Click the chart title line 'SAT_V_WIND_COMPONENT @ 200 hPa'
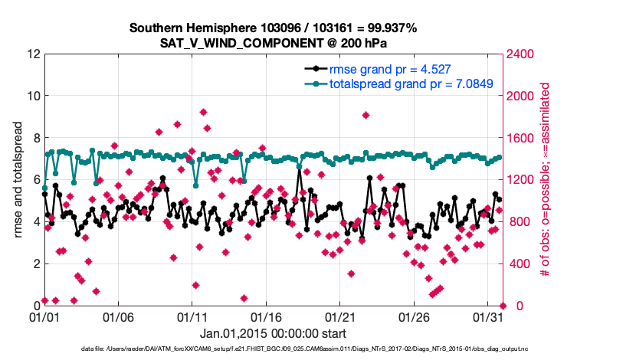coord(273,43)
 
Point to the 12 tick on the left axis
coord(33,54)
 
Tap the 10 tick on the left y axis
coord(33,97)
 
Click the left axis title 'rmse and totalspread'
coord(18,180)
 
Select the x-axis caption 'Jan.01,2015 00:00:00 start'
coord(273,334)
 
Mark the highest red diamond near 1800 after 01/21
coord(366,116)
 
